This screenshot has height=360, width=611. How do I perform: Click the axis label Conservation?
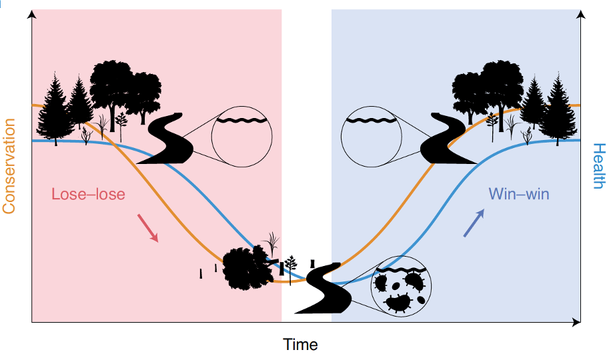(x=9, y=166)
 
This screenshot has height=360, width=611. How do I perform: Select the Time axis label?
(x=300, y=345)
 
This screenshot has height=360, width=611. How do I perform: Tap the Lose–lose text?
(x=89, y=194)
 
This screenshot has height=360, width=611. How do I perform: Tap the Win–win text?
(x=519, y=194)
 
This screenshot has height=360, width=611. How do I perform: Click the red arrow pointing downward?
(x=147, y=227)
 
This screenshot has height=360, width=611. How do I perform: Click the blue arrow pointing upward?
(x=474, y=222)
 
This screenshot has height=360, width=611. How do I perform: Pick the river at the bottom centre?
(x=323, y=288)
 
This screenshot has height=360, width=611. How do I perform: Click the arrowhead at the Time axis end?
(x=576, y=323)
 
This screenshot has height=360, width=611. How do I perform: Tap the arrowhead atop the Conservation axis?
(x=31, y=14)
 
